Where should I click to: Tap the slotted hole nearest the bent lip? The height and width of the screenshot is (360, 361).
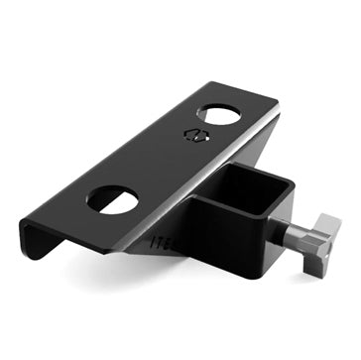[x=112, y=198]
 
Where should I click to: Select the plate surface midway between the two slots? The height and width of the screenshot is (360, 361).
[x=164, y=159]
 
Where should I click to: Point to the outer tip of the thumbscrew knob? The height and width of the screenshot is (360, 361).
[x=337, y=220]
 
